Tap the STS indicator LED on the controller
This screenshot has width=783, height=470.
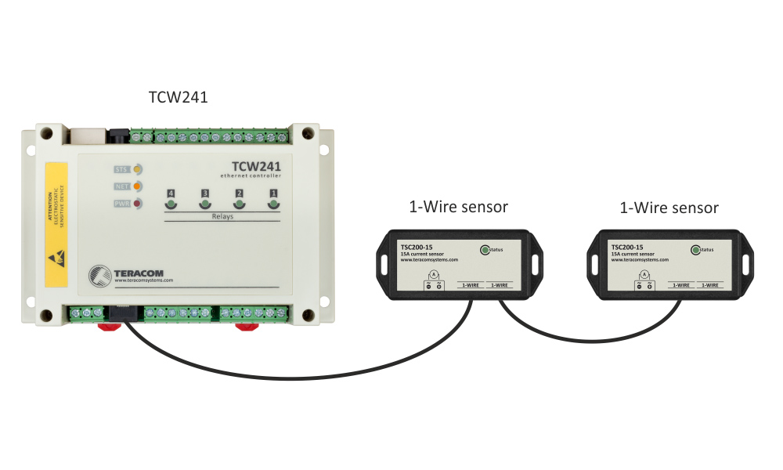(137, 168)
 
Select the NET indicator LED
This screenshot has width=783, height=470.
(137, 186)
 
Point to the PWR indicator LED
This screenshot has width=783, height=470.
(137, 204)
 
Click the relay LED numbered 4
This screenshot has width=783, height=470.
(171, 205)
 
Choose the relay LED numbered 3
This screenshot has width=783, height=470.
(205, 205)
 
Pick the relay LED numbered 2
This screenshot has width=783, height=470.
(240, 205)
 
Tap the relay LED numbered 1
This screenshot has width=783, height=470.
(274, 205)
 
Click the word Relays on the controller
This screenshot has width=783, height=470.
(222, 217)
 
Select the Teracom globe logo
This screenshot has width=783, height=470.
(100, 275)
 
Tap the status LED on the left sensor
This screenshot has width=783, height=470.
(485, 250)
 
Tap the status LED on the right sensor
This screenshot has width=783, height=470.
(695, 250)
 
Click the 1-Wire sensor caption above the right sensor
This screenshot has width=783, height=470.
(669, 208)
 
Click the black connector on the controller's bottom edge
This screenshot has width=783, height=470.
(121, 313)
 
